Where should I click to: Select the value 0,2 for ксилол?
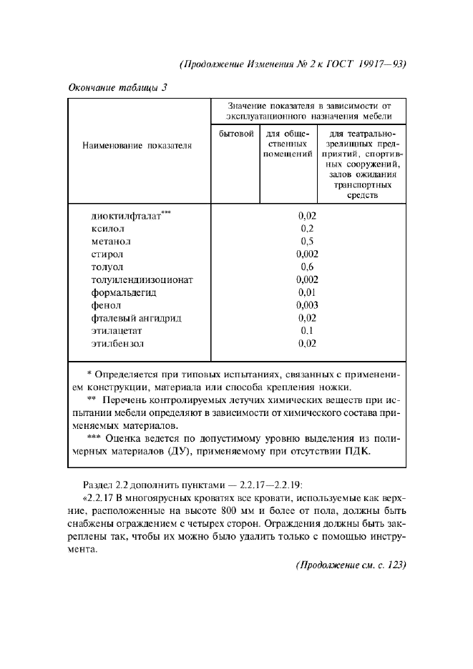click(x=307, y=228)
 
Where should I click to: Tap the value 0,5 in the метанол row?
click(x=307, y=241)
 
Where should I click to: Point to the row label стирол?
click(x=107, y=254)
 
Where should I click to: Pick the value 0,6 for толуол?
click(x=307, y=267)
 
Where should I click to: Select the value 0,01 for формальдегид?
click(x=307, y=292)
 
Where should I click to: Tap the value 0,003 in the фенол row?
click(x=307, y=305)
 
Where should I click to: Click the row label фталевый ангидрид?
click(x=135, y=318)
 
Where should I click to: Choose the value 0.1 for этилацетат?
click(x=307, y=331)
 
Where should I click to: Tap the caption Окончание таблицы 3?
click(x=117, y=89)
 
